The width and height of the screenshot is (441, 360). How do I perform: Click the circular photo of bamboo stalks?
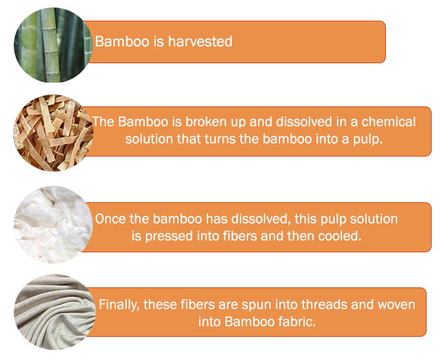pyautogui.click(x=53, y=45)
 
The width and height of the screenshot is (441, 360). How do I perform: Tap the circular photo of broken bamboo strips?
pyautogui.click(x=53, y=133)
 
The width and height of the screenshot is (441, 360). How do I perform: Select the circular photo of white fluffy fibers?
pyautogui.click(x=53, y=225)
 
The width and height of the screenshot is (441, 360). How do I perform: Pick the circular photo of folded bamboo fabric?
pyautogui.click(x=54, y=312)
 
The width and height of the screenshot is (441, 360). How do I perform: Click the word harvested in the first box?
pyautogui.click(x=200, y=41)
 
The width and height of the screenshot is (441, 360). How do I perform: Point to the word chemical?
pyautogui.click(x=388, y=122)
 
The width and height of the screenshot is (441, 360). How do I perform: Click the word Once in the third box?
pyautogui.click(x=110, y=219)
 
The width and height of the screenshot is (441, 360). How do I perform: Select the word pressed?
pyautogui.click(x=169, y=236)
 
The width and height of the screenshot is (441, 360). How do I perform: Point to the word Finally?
pyautogui.click(x=119, y=305)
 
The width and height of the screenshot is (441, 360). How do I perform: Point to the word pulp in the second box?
pyautogui.click(x=368, y=140)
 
